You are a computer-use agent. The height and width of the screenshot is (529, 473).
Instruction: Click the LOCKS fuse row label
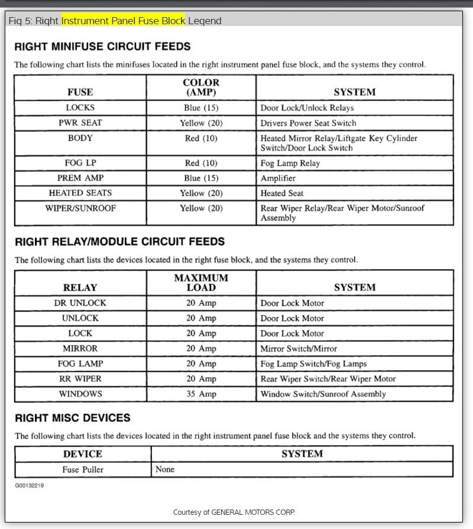[80, 108]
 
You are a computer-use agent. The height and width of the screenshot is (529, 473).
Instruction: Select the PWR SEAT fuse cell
[80, 123]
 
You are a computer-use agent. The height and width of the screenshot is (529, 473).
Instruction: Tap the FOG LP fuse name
[80, 163]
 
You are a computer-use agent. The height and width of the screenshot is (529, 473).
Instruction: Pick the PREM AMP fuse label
[80, 178]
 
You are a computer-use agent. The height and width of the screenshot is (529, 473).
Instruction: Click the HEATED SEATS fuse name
[80, 193]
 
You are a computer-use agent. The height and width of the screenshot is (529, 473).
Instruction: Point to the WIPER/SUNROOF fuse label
[80, 208]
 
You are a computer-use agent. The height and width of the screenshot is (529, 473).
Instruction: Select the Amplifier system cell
[278, 178]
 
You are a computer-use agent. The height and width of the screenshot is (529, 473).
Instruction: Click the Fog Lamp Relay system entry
[290, 163]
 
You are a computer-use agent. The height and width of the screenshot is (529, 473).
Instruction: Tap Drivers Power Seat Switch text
[308, 123]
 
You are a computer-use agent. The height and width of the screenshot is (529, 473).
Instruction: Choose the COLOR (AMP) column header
[201, 87]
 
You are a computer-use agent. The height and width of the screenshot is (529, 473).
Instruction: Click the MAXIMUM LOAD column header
[201, 282]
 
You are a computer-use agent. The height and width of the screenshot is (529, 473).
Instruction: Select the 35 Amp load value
[201, 394]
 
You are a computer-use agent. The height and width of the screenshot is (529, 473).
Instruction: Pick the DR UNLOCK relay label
[80, 303]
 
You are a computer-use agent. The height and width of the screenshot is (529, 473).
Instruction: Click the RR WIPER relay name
[80, 378]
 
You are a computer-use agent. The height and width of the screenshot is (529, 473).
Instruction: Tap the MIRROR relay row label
[80, 348]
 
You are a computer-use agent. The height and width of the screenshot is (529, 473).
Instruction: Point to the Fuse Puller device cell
[82, 470]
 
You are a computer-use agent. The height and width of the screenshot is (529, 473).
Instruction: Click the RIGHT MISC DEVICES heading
[72, 418]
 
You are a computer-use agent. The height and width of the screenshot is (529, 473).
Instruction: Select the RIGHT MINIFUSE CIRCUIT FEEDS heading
[102, 46]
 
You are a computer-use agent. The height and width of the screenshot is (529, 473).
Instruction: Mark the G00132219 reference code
[29, 486]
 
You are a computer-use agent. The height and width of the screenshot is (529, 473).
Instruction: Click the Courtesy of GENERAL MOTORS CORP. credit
[234, 512]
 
